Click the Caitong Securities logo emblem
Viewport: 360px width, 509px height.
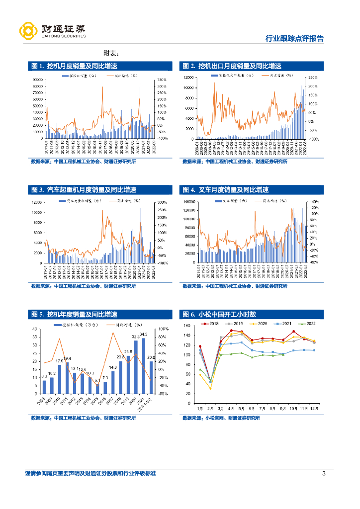coord(28,31)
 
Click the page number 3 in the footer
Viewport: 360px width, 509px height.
coord(324,473)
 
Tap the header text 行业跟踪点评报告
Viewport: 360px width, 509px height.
coord(294,38)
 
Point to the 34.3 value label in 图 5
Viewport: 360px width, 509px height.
coord(144,335)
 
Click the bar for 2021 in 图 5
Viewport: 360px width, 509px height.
coord(144,365)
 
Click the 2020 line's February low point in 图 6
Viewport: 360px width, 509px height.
coord(210,388)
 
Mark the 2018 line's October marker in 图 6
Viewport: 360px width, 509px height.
coord(293,332)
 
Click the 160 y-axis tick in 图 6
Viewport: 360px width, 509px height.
coord(188,326)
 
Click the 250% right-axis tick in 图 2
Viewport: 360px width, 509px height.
coord(313,78)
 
